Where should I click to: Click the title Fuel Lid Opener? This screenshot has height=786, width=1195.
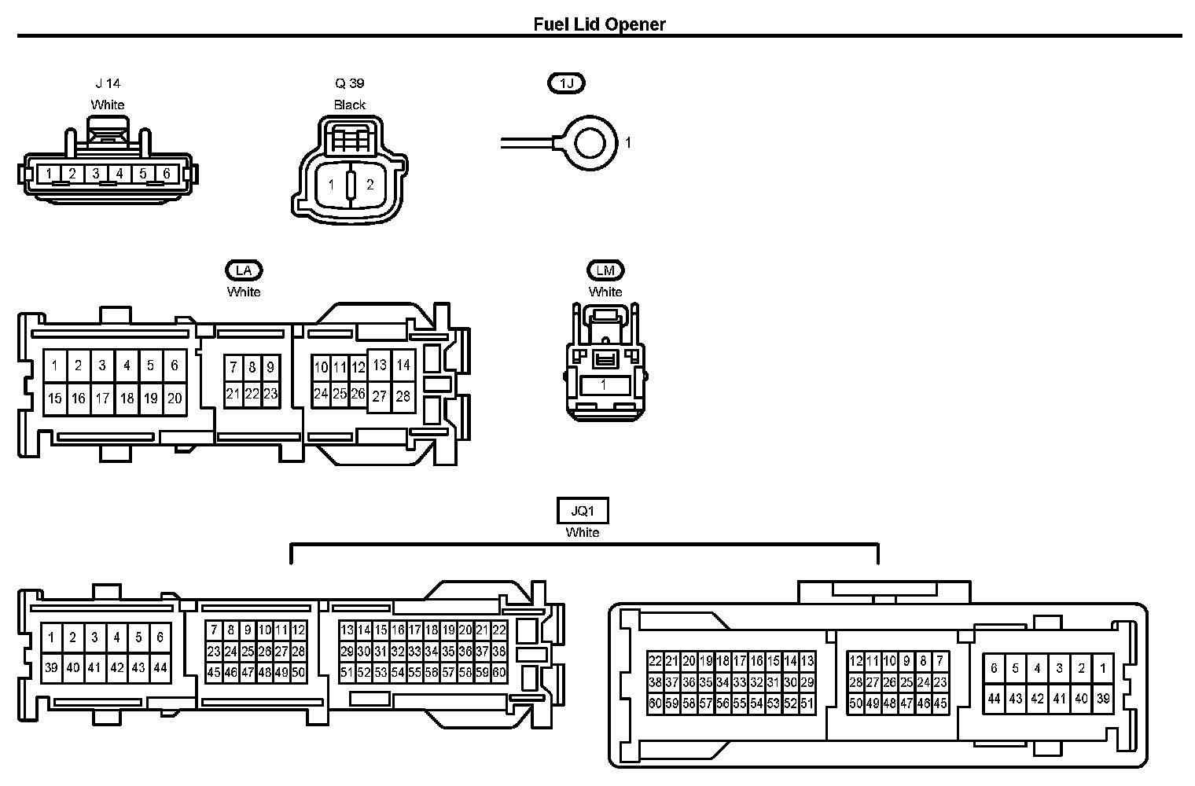599,24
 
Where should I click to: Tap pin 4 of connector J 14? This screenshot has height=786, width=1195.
119,174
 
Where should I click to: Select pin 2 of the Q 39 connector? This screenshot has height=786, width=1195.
370,185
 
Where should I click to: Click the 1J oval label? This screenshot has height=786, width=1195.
566,83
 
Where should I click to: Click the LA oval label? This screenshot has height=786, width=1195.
244,270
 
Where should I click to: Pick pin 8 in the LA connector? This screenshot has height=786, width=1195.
252,368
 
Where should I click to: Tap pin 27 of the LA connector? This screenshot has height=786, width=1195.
379,396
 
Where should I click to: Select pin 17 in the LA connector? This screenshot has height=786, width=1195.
102,399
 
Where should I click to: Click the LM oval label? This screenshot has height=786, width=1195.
605,270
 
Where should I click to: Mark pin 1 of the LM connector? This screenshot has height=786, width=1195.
604,385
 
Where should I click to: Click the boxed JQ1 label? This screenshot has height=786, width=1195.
583,511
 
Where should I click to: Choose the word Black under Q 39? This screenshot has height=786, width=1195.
349,105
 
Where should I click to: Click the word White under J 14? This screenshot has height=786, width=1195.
107,105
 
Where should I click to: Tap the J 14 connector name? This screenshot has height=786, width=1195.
108,84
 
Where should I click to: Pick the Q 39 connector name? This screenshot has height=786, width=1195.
349,84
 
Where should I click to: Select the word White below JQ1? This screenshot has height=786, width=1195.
583,533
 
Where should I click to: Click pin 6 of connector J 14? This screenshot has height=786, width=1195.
167,174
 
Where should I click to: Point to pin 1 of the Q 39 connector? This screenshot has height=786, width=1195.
331,185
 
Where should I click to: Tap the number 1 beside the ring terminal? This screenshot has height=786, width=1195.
628,143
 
